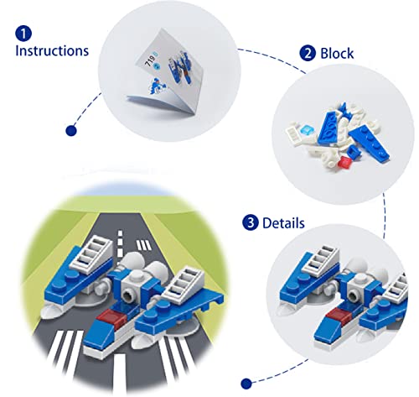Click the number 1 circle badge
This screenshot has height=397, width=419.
pyautogui.click(x=23, y=34)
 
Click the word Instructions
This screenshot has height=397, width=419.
pyautogui.click(x=52, y=51)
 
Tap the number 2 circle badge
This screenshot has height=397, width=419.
pyautogui.click(x=308, y=53)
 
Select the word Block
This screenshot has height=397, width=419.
pyautogui.click(x=337, y=53)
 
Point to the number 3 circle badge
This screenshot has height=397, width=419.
pyautogui.click(x=251, y=222)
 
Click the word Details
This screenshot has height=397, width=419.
pyautogui.click(x=283, y=223)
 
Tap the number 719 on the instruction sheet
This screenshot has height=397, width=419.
pyautogui.click(x=149, y=63)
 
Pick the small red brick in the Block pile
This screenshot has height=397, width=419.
pyautogui.click(x=344, y=162)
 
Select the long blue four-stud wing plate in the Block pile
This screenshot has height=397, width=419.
pyautogui.click(x=370, y=144)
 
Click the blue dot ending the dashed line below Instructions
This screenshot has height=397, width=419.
pyautogui.click(x=71, y=131)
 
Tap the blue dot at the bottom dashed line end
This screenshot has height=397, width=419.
pyautogui.click(x=246, y=384)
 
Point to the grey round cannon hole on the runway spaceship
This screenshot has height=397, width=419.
pyautogui.click(x=129, y=296)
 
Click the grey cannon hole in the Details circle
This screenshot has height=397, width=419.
pyautogui.click(x=354, y=295)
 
